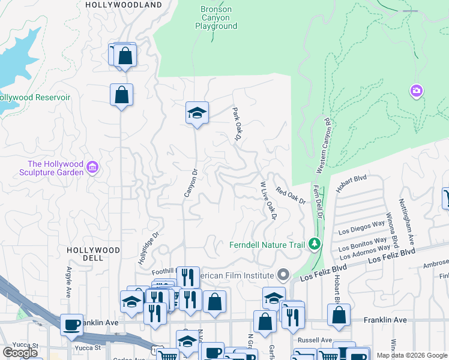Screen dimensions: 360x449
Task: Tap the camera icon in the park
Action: (417, 91)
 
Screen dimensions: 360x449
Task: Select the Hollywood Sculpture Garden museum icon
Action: (92, 166)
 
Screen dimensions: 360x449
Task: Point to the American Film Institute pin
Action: (285, 275)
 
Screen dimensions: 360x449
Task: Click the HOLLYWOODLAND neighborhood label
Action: (124, 5)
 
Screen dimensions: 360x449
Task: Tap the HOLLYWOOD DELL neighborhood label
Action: (93, 253)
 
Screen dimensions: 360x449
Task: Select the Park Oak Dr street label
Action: (237, 125)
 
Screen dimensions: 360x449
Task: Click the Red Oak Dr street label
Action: (291, 196)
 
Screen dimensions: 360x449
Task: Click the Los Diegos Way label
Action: (361, 228)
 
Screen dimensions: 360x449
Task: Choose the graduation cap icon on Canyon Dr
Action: (196, 113)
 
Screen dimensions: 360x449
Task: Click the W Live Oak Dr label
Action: (268, 200)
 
